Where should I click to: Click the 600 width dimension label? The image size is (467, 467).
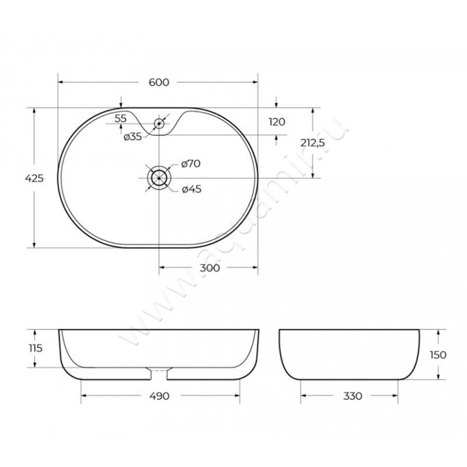(x=159, y=82)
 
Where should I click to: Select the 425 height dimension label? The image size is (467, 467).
(x=34, y=179)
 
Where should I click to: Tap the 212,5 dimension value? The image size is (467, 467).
(x=312, y=143)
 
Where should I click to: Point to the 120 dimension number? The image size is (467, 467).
(x=277, y=122)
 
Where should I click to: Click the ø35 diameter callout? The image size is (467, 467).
(x=133, y=137)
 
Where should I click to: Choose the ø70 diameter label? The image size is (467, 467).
(x=191, y=163)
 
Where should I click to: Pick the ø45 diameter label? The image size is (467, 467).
(x=192, y=189)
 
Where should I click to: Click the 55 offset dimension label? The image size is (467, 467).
(x=121, y=119)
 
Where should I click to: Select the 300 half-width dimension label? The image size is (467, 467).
(x=210, y=268)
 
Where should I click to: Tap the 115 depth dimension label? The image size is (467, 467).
(x=36, y=348)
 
